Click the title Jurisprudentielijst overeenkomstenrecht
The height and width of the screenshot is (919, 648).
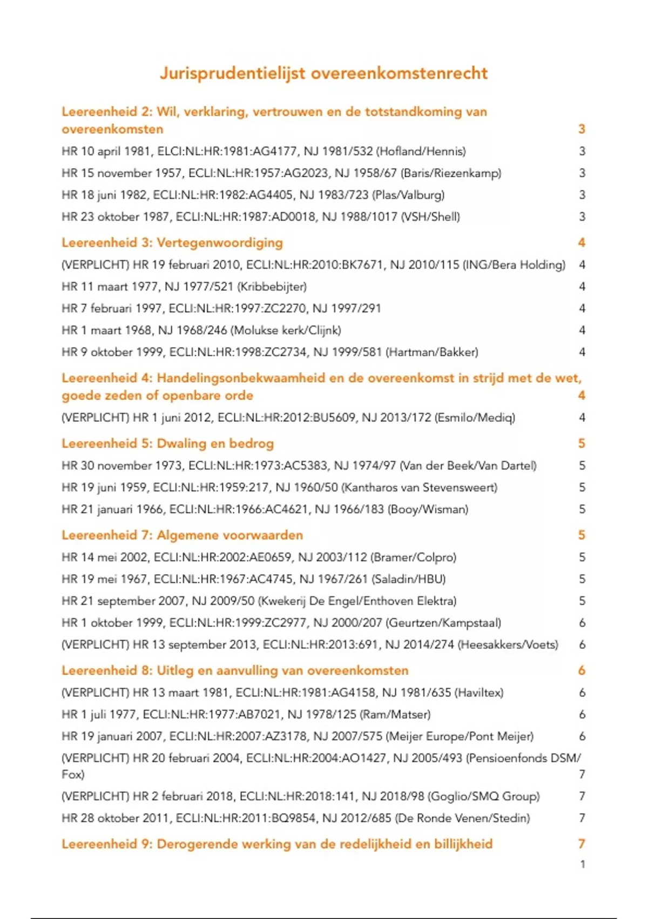point(323,73)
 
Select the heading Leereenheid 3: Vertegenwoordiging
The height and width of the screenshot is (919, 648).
point(172,242)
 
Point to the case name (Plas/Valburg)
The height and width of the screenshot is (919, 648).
point(408,195)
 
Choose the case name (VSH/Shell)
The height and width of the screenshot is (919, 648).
point(430,217)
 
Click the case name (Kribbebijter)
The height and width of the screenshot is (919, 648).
point(272,287)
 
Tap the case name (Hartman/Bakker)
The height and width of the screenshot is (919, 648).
point(432,352)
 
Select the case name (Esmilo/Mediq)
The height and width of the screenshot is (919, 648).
point(475,417)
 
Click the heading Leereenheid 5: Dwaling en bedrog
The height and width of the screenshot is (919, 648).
point(167,443)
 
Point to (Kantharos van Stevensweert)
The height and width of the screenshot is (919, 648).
point(419,487)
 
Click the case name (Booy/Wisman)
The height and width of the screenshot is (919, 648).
point(428,509)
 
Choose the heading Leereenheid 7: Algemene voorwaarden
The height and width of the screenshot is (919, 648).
point(182,535)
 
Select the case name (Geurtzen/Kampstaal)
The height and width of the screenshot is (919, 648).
point(443,623)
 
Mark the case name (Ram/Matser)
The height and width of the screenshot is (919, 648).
point(395,715)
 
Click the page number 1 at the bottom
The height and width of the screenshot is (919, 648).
point(582,864)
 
